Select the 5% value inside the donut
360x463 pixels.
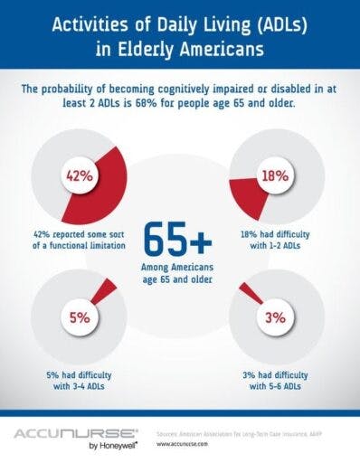(x=77, y=318)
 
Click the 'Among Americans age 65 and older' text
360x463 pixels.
(x=177, y=274)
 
